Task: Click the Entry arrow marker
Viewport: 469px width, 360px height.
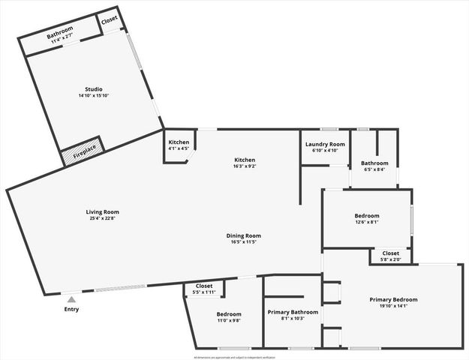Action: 71,300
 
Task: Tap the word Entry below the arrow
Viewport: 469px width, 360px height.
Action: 71,309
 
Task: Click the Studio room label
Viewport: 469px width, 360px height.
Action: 94,89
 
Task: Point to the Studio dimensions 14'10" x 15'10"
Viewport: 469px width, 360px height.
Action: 94,96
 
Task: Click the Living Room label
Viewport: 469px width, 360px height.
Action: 103,212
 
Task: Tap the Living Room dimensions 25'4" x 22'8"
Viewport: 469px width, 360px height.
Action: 103,219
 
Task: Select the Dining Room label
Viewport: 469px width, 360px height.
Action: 244,235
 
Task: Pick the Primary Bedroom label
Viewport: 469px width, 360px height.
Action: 393,299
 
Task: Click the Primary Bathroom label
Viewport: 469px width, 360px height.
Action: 293,312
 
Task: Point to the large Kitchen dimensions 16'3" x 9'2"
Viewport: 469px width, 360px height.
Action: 245,166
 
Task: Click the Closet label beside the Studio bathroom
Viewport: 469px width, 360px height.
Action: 110,19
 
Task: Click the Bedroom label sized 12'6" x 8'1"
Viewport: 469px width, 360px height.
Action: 367,216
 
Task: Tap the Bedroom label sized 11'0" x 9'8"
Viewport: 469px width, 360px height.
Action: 229,313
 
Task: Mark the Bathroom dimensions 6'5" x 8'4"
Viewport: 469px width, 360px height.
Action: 374,169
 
